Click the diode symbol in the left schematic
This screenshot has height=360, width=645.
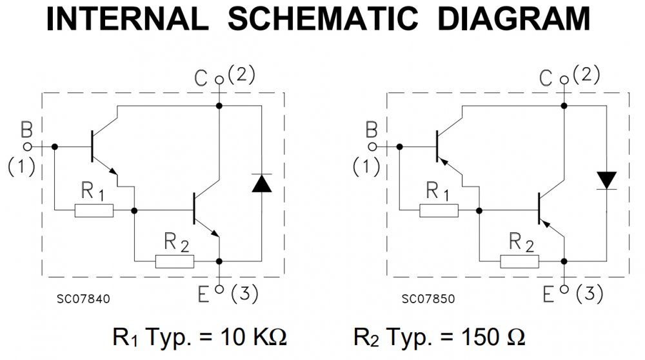coord(261,184)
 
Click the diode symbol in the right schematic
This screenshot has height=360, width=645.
coord(606,179)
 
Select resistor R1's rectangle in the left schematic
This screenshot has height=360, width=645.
coord(94,210)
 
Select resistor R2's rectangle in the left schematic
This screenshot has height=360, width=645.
coord(174,261)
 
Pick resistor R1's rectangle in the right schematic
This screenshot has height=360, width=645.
coord(439,210)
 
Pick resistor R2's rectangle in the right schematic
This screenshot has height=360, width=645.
coord(519,261)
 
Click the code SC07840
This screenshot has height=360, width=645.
coord(83,299)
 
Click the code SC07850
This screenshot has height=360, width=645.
coord(428,299)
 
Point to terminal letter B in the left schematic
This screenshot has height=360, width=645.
coord(26,131)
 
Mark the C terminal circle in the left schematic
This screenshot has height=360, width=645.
coord(219,81)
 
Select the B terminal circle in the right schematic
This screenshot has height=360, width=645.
coord(372,146)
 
